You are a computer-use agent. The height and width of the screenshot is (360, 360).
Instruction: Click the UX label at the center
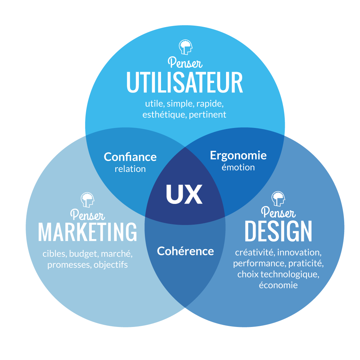click(184, 194)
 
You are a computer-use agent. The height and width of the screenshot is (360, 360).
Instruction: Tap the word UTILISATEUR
click(185, 83)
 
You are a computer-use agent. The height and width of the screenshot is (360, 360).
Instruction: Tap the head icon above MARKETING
click(88, 200)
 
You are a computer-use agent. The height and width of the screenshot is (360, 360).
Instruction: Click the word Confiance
click(130, 157)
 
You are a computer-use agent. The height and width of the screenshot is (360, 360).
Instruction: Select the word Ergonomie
click(238, 155)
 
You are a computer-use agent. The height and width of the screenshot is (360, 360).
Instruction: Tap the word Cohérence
click(185, 251)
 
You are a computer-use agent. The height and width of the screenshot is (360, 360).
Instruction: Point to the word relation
click(130, 169)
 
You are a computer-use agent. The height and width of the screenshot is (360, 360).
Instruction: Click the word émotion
click(238, 167)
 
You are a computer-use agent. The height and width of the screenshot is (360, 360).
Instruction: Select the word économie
click(278, 285)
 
